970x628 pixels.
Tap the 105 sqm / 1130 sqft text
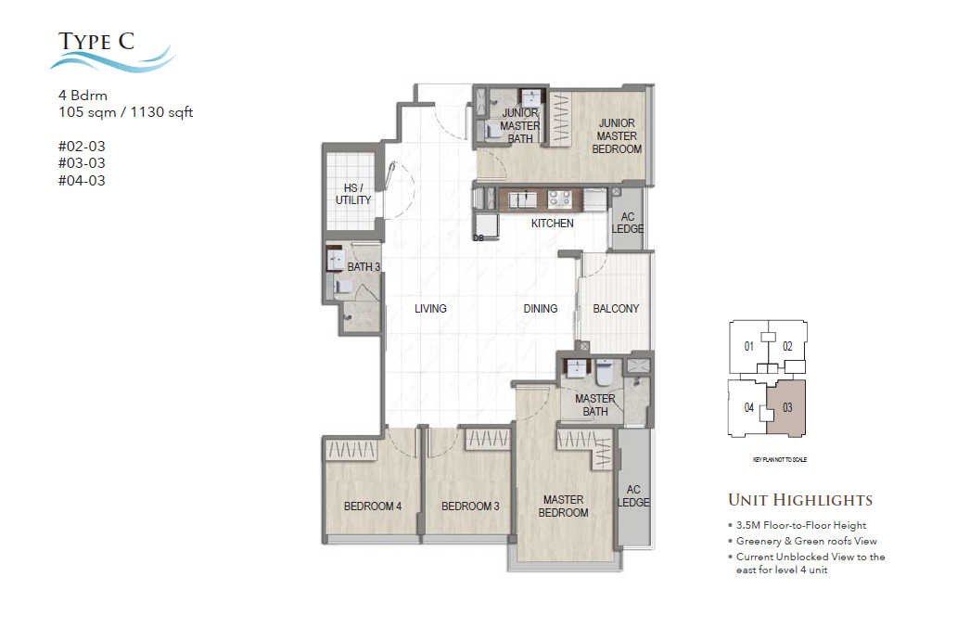point(125,113)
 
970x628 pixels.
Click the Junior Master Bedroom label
point(617,135)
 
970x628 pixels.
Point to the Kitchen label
point(552,224)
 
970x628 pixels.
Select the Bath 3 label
point(364,267)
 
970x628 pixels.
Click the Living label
point(430,309)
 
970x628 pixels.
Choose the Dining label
point(540,309)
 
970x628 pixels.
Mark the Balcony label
point(616,309)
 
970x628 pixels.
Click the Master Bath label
point(594,405)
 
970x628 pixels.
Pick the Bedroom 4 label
point(372,506)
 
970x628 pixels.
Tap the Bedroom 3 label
point(470,506)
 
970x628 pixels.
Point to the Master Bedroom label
point(564,506)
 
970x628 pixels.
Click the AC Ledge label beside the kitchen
point(627,223)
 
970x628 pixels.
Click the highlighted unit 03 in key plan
point(788,406)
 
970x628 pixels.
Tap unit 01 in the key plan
point(749,347)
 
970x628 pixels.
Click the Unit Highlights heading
point(799,500)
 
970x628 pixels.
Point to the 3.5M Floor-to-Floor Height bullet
point(801,525)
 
